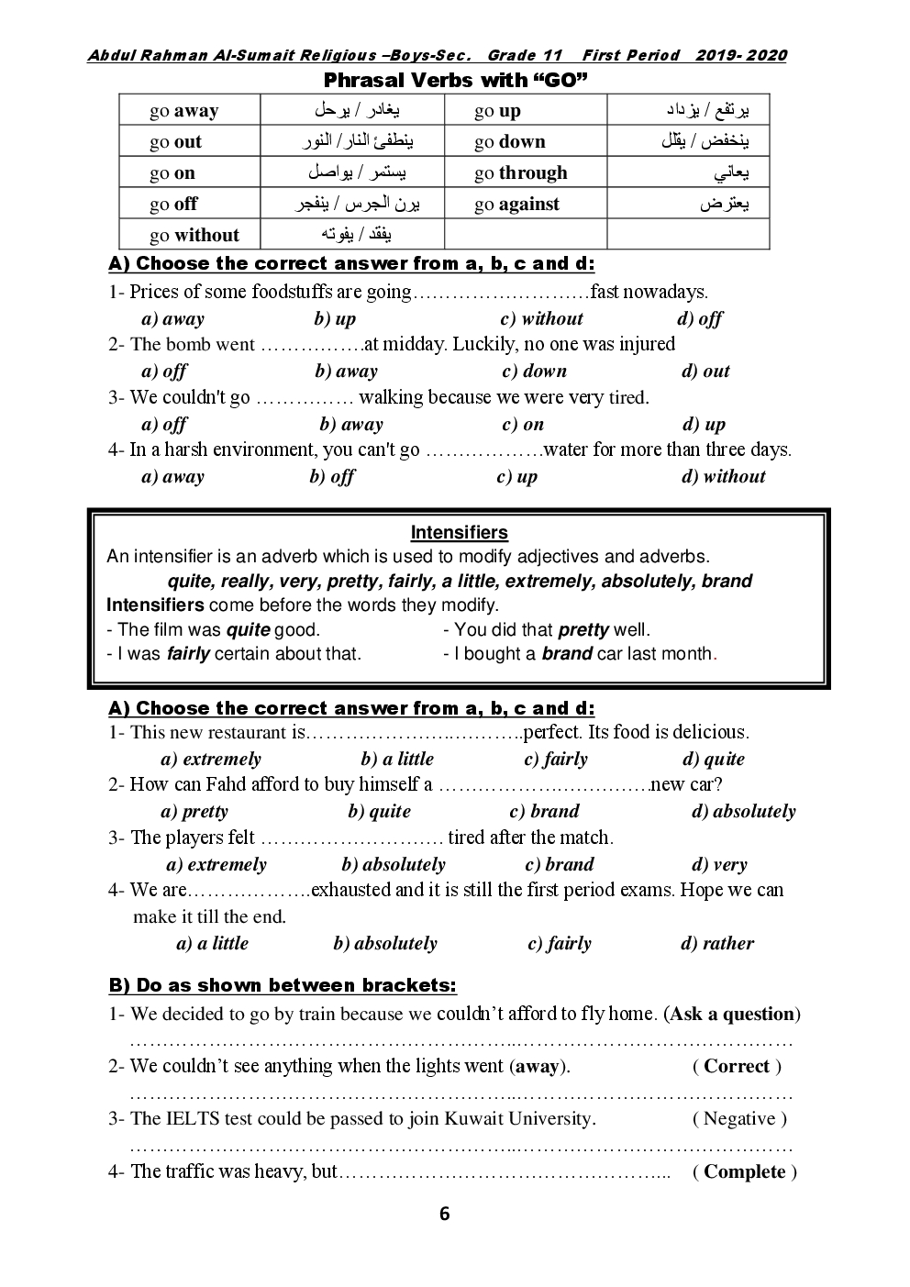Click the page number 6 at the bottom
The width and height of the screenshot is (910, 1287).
445,1215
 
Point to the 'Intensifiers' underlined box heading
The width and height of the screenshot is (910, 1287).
459,533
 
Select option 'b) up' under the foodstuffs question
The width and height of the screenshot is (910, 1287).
335,319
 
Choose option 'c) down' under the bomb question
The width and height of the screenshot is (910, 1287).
534,372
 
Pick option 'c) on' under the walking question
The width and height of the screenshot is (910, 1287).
523,424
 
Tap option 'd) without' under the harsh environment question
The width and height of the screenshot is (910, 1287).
723,476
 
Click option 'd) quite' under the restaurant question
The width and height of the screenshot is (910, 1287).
714,759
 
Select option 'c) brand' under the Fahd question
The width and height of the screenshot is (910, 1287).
545,811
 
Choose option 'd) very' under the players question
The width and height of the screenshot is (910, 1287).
719,864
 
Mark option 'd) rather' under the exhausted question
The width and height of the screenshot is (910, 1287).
717,943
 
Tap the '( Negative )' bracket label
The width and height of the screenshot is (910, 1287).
739,1118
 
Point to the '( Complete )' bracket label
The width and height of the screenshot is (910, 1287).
745,1171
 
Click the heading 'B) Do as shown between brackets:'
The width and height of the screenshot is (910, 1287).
283,986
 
